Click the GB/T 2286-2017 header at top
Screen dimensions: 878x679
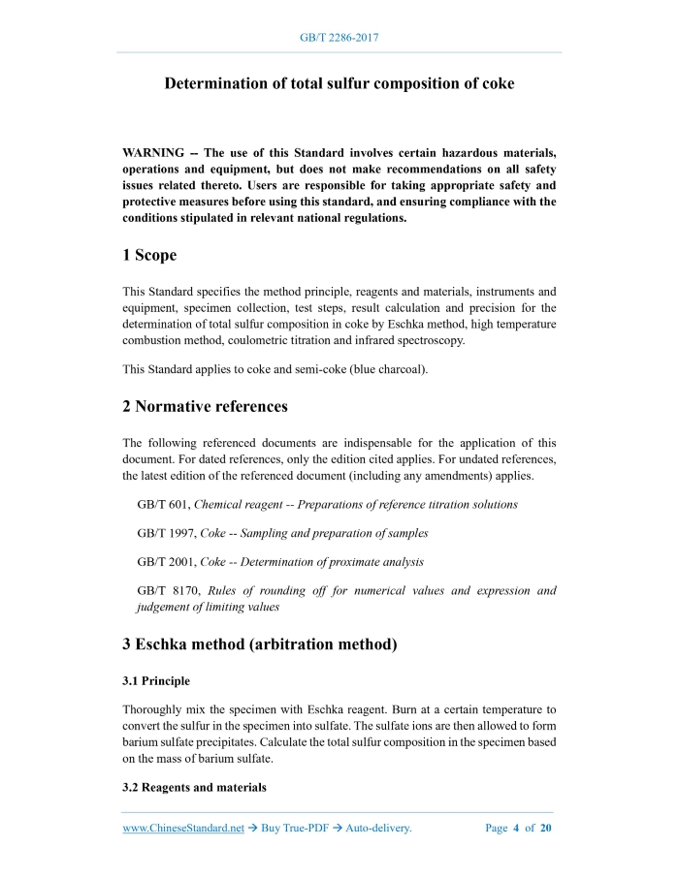339,38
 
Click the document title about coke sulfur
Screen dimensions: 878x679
339,83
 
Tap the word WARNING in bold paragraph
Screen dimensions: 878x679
153,153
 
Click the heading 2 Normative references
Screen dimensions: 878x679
205,405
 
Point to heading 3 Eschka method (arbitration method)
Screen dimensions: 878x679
259,643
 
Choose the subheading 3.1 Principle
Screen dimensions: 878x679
156,681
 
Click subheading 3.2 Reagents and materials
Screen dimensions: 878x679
194,787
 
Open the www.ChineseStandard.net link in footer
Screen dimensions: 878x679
183,829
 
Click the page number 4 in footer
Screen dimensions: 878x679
516,829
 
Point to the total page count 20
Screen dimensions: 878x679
545,829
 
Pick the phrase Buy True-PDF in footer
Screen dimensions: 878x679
293,829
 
